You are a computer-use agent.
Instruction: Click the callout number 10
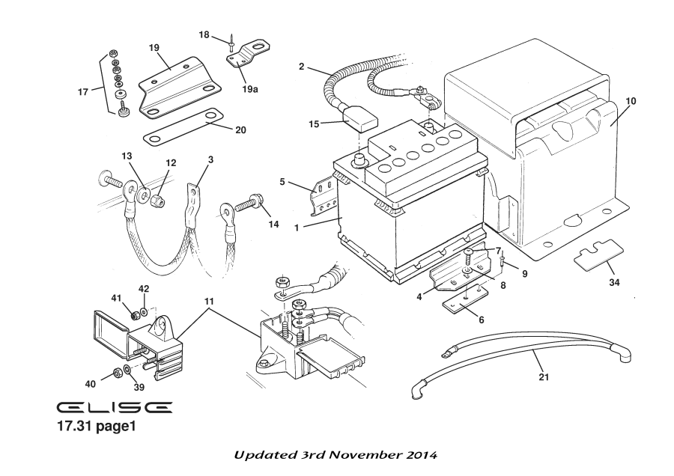click(x=631, y=100)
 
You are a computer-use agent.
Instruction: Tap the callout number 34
click(x=614, y=284)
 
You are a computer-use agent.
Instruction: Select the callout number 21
click(x=544, y=377)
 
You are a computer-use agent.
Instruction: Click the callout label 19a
click(x=249, y=88)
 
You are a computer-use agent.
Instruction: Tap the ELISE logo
click(x=115, y=407)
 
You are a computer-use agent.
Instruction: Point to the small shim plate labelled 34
click(x=599, y=255)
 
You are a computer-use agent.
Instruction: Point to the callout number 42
click(x=144, y=288)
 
